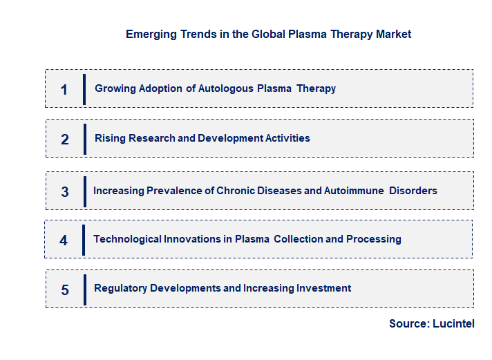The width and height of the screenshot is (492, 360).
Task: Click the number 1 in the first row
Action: pyautogui.click(x=64, y=89)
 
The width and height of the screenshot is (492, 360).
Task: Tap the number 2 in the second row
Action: pyautogui.click(x=65, y=139)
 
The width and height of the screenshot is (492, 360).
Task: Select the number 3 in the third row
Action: pyautogui.click(x=65, y=191)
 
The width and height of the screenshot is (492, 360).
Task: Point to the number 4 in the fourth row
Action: pyautogui.click(x=64, y=240)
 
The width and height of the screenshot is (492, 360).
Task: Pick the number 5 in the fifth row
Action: pyautogui.click(x=65, y=290)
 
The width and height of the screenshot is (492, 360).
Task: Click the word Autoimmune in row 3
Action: pyautogui.click(x=354, y=191)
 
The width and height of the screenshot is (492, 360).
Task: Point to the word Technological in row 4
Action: pyautogui.click(x=127, y=239)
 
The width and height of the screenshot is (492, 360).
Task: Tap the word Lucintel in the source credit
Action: pyautogui.click(x=454, y=324)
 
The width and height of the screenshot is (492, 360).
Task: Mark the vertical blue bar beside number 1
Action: pyautogui.click(x=84, y=89)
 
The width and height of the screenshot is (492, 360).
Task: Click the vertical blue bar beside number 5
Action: pyautogui.click(x=84, y=290)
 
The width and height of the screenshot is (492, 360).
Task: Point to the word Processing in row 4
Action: pyautogui.click(x=374, y=239)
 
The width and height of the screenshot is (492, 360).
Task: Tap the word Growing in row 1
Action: pyautogui.click(x=115, y=88)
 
